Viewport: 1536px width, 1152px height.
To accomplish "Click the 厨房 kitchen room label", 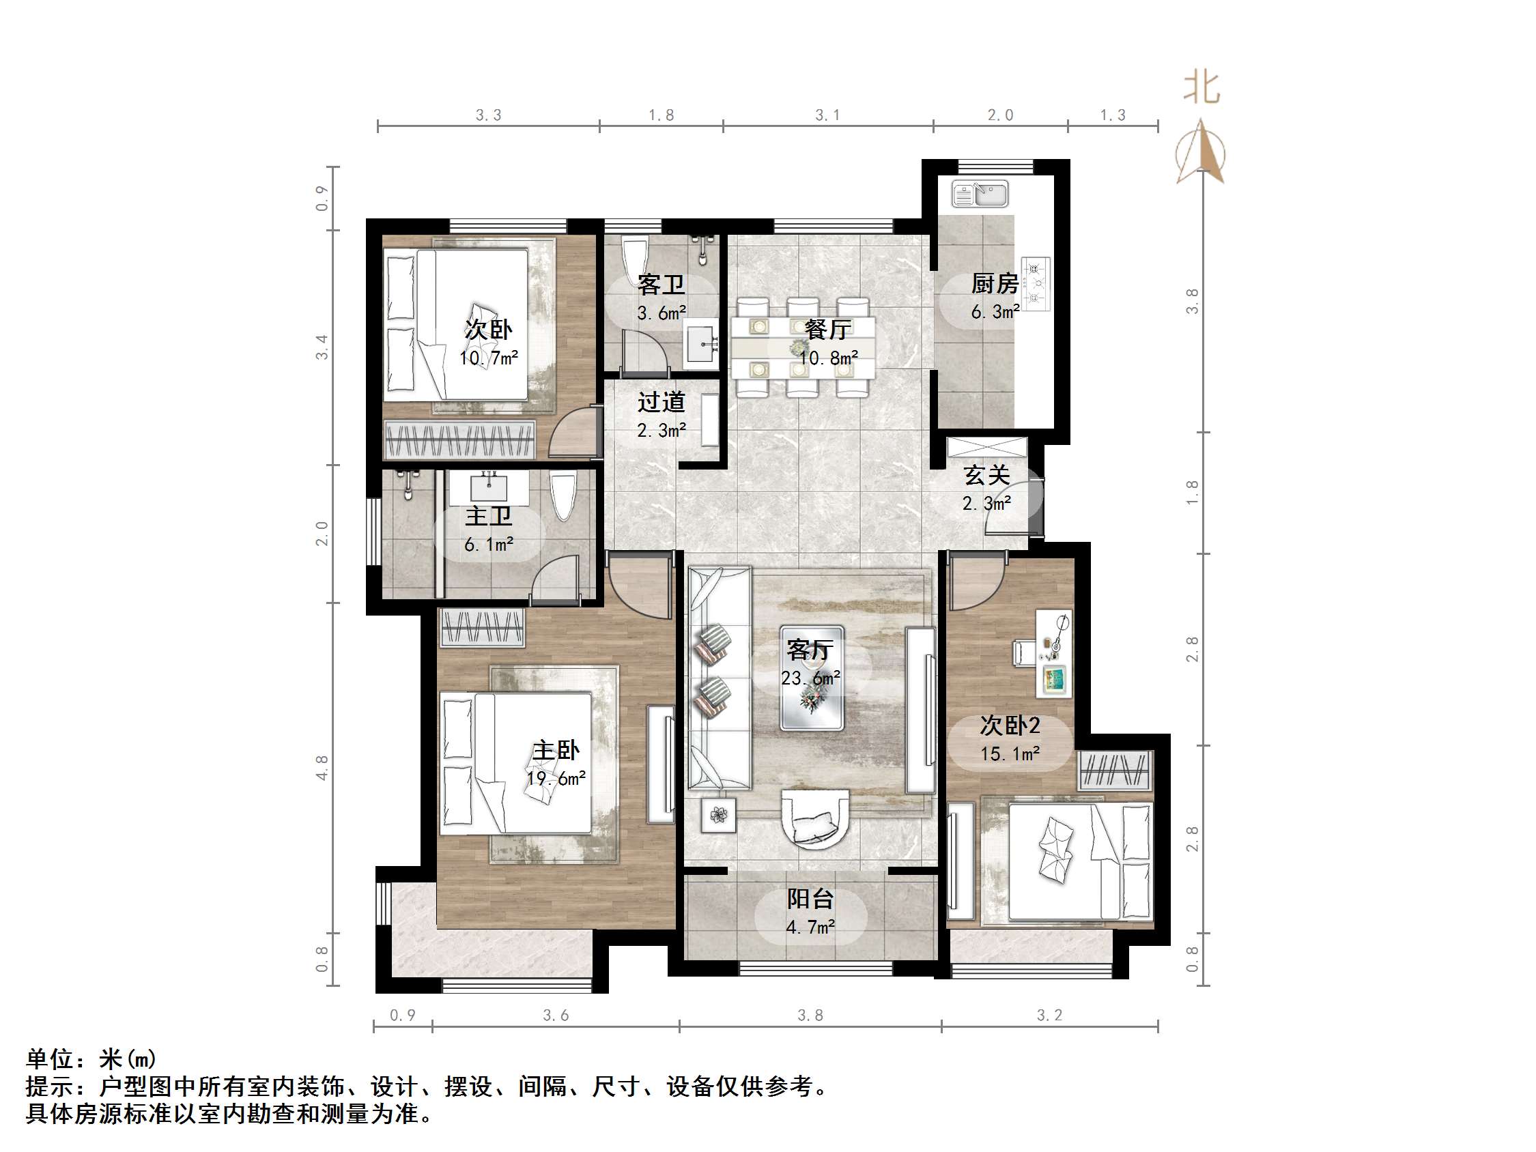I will pos(995,283).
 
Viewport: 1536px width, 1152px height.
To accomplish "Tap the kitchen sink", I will pos(979,194).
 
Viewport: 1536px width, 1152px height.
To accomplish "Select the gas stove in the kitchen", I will pos(1036,283).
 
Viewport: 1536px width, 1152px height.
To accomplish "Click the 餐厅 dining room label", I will pos(827,329).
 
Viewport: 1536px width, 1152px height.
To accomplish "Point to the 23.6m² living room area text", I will pos(810,678).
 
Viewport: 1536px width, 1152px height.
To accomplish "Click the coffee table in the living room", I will pos(811,678).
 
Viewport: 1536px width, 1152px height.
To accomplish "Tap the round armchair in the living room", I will pos(815,820).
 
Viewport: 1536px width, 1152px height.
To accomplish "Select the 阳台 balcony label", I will pos(810,899).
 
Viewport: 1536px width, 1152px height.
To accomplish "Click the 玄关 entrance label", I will pos(986,475).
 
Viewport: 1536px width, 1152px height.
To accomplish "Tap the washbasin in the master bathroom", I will pos(489,487).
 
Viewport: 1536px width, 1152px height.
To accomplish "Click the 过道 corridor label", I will pos(661,401).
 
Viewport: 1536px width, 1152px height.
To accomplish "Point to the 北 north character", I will pos(1201,89).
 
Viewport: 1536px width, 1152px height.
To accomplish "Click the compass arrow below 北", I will pos(1201,153).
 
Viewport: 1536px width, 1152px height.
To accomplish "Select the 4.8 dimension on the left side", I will pos(322,768).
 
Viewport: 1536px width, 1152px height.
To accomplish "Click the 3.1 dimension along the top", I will pos(827,115).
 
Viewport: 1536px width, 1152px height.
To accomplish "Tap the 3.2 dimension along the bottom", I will pos(1049,1016).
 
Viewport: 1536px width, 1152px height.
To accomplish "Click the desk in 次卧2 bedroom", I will pos(1053,652).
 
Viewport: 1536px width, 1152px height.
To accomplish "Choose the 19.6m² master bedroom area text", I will pos(556,779).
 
